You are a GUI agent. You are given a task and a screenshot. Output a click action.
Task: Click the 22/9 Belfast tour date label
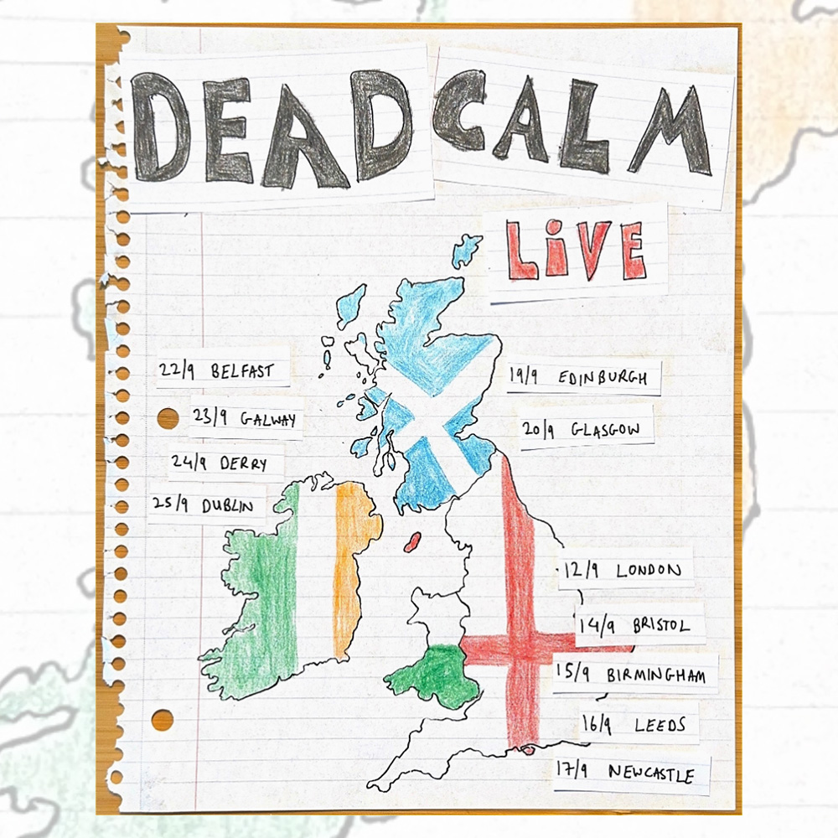click(x=224, y=370)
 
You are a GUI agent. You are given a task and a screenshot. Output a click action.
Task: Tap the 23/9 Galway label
click(x=245, y=419)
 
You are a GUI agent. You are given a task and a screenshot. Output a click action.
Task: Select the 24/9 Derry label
click(x=226, y=463)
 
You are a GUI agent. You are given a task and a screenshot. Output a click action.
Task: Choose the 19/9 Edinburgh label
click(x=579, y=378)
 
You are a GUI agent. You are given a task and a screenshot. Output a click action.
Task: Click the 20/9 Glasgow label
click(x=585, y=430)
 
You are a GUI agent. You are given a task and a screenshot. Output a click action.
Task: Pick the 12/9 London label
click(x=624, y=571)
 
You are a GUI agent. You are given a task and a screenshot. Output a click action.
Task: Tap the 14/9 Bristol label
click(x=634, y=625)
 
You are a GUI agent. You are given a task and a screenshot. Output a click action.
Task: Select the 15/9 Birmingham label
click(x=637, y=675)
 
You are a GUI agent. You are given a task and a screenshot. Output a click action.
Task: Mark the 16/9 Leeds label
click(x=638, y=725)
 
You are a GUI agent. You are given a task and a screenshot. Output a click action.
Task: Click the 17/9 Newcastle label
click(x=631, y=773)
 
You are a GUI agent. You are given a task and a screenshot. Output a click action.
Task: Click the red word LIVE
click(x=576, y=251)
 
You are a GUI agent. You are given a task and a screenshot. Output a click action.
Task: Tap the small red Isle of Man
click(x=411, y=543)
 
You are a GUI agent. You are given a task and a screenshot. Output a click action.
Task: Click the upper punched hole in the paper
click(x=168, y=418)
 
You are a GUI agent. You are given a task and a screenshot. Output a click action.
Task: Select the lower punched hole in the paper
click(x=163, y=719)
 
